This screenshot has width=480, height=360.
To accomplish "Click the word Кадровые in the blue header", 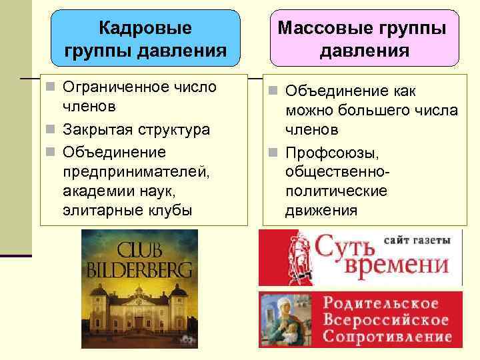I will (145, 28).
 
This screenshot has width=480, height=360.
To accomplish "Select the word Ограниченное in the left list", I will (104, 87).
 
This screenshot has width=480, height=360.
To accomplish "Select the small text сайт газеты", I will (422, 239).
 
